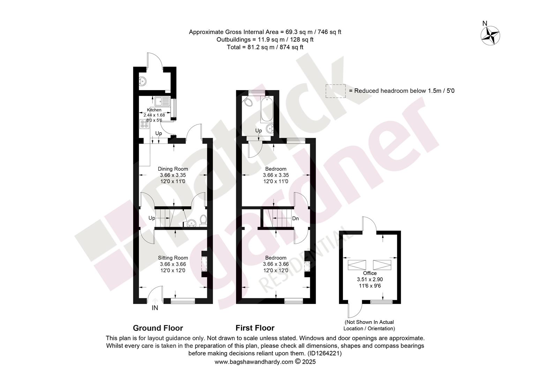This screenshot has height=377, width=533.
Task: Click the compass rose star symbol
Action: [490, 36]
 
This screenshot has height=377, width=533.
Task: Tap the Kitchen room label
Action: [154, 110]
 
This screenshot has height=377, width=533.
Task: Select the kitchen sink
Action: [162, 101]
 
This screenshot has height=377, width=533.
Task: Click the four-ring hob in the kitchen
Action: [144, 124]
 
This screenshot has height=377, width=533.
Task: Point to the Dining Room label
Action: [173, 169]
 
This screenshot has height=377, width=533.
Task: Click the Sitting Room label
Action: [173, 258]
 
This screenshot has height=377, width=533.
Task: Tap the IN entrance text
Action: [155, 308]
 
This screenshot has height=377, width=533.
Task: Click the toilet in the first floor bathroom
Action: [247, 102]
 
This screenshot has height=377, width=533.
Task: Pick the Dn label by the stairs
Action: [295, 219]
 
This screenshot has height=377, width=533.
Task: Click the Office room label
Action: [370, 273]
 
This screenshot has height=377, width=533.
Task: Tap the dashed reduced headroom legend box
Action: [336, 91]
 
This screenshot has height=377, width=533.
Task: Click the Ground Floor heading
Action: [158, 328]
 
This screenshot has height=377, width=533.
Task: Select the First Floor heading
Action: [255, 328]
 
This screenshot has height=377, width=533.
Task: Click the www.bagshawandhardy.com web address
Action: [254, 362]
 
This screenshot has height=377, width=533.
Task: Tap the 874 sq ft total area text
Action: [291, 47]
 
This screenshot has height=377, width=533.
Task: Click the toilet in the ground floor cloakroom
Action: [203, 220]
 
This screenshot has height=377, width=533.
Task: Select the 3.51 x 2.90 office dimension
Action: [370, 279]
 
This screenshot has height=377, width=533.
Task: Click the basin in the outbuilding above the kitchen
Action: [142, 81]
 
